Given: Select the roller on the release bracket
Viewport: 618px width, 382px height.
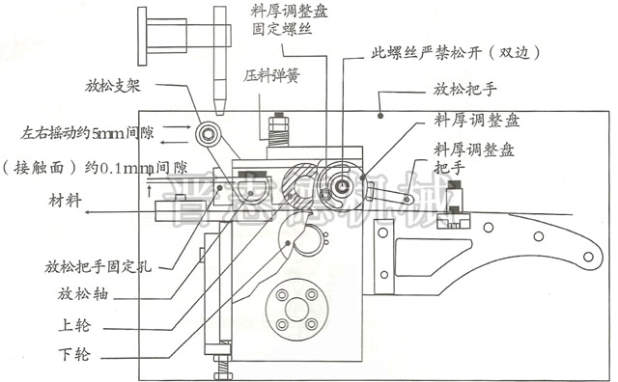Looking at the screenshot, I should click(x=207, y=133).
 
